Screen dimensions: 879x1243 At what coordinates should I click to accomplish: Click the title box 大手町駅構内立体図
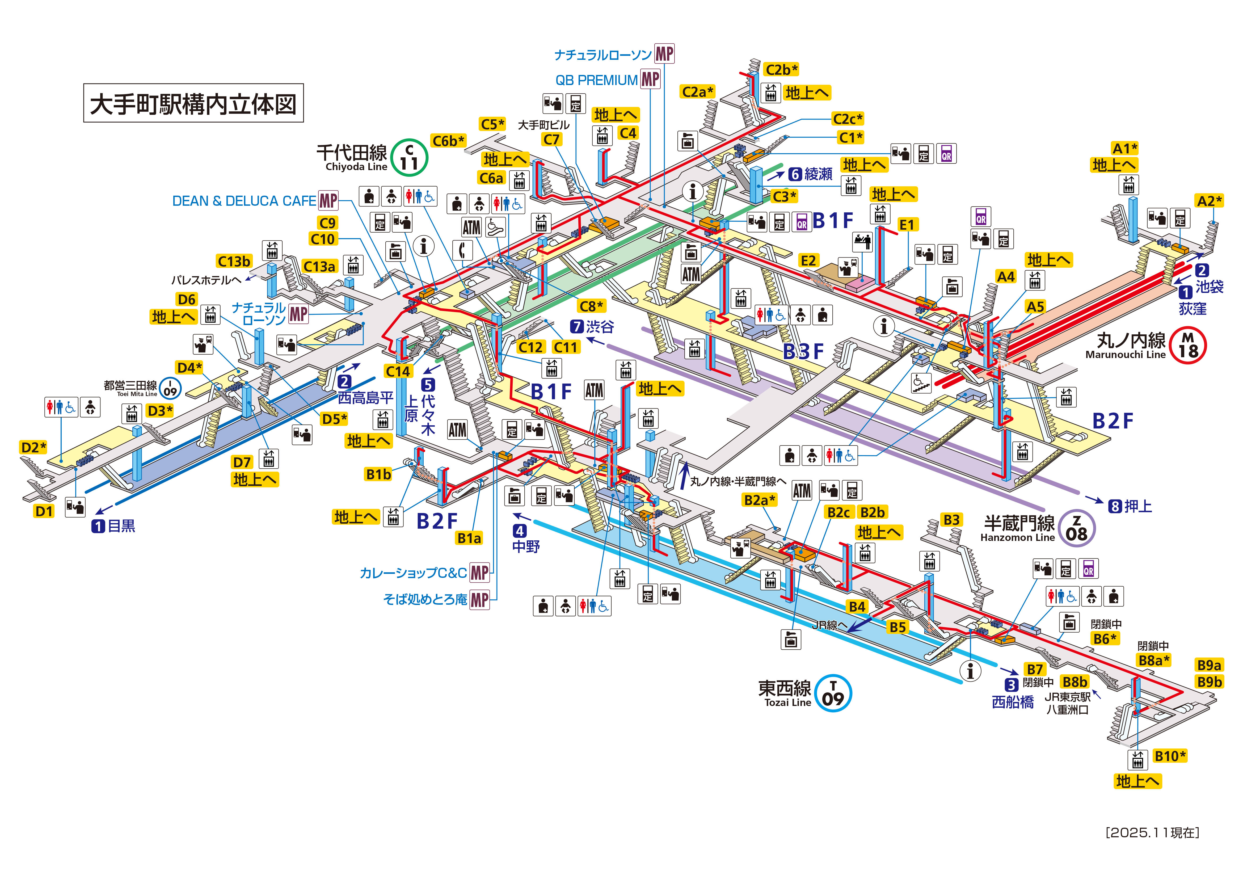point(193,103)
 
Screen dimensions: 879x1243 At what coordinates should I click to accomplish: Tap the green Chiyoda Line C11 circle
point(409,158)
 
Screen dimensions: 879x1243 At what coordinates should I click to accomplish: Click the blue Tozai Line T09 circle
point(833,693)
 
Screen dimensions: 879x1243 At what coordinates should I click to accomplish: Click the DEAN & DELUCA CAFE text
point(244,201)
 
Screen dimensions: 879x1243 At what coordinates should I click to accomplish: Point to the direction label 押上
point(1138,506)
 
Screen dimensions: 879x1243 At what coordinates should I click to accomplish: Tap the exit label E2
point(808,260)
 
